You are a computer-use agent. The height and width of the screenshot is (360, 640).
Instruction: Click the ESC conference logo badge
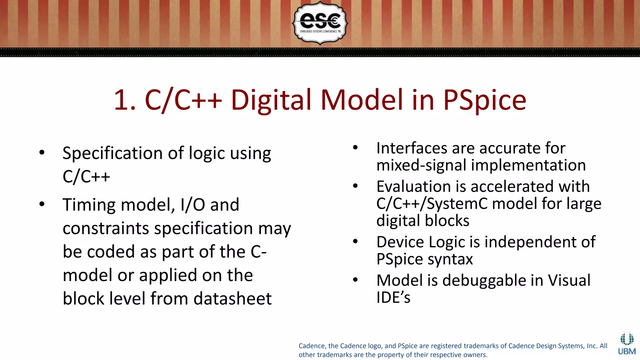[320, 23]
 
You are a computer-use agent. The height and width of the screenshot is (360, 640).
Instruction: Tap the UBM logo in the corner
[627, 344]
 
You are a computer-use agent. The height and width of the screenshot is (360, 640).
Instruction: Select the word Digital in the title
[271, 100]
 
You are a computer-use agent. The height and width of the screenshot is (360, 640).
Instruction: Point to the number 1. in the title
[125, 100]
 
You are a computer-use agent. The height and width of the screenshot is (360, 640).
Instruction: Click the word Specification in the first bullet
[112, 153]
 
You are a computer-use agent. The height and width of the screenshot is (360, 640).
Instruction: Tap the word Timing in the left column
[89, 205]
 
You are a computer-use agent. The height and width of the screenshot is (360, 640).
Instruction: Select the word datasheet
[232, 298]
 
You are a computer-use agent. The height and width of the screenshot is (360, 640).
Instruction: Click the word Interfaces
[412, 148]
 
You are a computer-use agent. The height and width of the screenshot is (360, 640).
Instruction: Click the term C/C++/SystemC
[432, 204]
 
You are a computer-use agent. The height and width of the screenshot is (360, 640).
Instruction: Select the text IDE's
[393, 297]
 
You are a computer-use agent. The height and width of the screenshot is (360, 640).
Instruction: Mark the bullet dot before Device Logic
[355, 242]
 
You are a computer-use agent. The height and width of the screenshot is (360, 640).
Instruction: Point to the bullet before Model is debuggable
[355, 280]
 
